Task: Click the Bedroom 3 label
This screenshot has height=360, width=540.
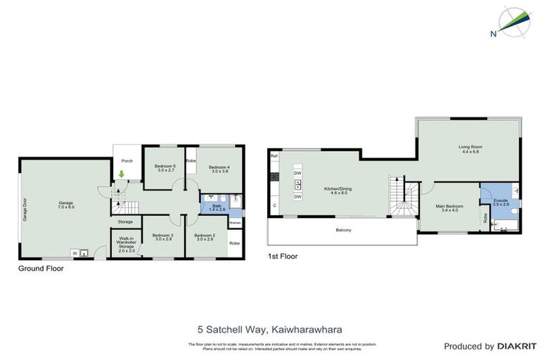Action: point(163,237)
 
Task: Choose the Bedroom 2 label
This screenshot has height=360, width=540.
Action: point(205,237)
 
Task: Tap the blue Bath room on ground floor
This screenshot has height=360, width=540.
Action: point(217,207)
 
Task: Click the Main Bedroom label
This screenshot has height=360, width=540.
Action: point(449,207)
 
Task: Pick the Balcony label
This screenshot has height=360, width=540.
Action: point(344,231)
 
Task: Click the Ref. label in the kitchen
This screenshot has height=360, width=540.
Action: point(274,155)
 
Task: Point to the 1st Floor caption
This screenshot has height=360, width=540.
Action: point(282,257)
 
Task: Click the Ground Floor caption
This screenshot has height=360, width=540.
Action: point(41,269)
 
